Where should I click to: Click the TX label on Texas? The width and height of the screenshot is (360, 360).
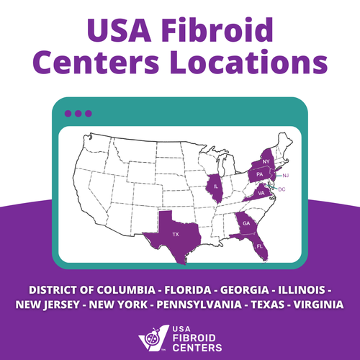(x=175, y=235)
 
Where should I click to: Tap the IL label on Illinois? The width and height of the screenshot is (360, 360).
(x=217, y=186)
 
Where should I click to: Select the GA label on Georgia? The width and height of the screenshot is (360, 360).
(x=246, y=224)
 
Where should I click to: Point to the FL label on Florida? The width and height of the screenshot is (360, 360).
(x=260, y=246)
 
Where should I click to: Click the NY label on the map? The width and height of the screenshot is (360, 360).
(x=266, y=161)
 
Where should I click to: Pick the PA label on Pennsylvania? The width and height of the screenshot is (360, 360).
(x=258, y=174)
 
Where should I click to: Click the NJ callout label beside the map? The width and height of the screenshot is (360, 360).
(x=285, y=176)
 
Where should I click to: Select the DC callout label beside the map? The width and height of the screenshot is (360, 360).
(x=282, y=189)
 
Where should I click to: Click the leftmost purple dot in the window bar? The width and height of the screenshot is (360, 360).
(x=68, y=113)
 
